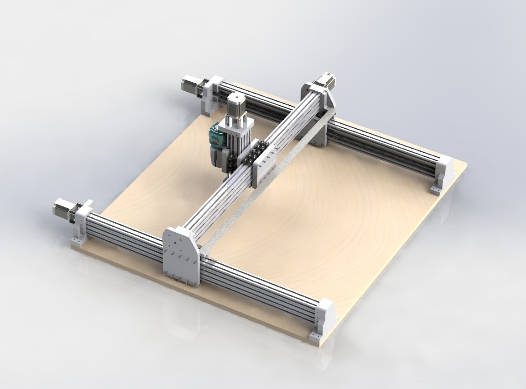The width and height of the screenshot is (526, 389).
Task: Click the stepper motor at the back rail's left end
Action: pyautogui.click(x=189, y=84)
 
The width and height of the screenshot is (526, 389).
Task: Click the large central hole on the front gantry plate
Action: pyautogui.click(x=174, y=246)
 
